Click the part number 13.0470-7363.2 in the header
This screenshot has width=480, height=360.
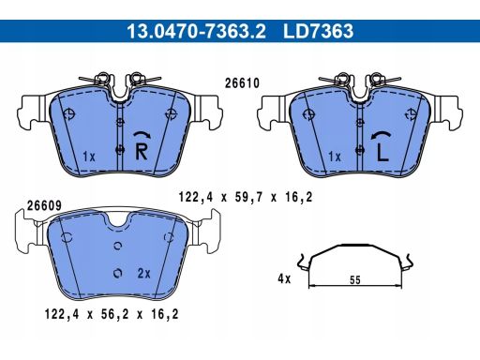tap(196, 31)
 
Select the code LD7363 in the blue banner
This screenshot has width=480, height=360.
tap(318, 31)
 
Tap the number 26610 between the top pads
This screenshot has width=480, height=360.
tap(242, 83)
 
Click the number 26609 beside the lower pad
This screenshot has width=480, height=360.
tap(44, 205)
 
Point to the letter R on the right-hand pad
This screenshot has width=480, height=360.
tap(141, 151)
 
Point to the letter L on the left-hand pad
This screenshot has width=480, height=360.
tap(382, 153)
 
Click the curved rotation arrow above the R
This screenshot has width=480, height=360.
tap(142, 134)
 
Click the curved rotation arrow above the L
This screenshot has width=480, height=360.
tap(381, 135)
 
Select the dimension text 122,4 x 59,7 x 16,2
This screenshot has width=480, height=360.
tap(246, 197)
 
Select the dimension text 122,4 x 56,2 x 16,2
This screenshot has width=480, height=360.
tap(112, 314)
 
